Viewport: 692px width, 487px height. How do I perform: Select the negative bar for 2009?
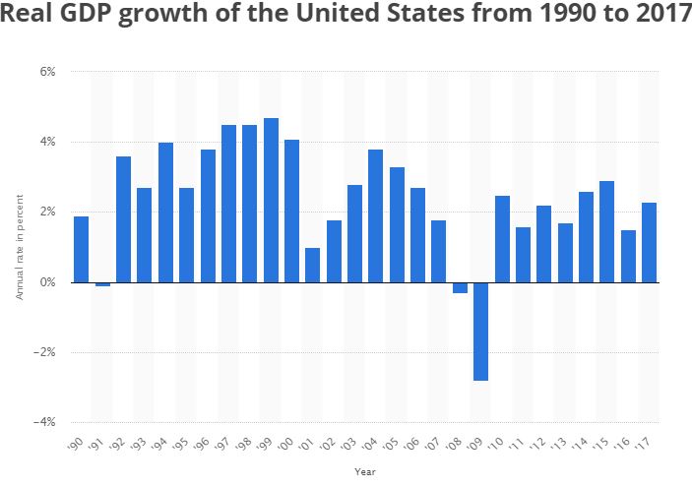coord(481,332)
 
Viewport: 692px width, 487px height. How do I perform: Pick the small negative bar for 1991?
coord(102,284)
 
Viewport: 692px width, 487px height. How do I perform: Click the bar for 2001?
coord(313,265)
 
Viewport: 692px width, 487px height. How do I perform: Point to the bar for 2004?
coord(376,215)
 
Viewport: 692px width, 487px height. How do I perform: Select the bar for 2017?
coord(649,242)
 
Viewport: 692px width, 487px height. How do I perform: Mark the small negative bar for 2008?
coord(461,287)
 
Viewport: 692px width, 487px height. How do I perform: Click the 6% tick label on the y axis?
coord(47,72)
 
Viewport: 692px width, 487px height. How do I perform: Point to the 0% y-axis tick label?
coord(47,282)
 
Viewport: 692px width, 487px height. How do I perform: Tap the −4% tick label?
coord(44,422)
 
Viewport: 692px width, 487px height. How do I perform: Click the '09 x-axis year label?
coord(478,445)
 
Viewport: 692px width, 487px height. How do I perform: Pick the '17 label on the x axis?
coord(647,445)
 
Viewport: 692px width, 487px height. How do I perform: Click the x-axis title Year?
coord(364,471)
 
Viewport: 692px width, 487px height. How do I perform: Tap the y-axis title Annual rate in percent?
coord(19,247)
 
